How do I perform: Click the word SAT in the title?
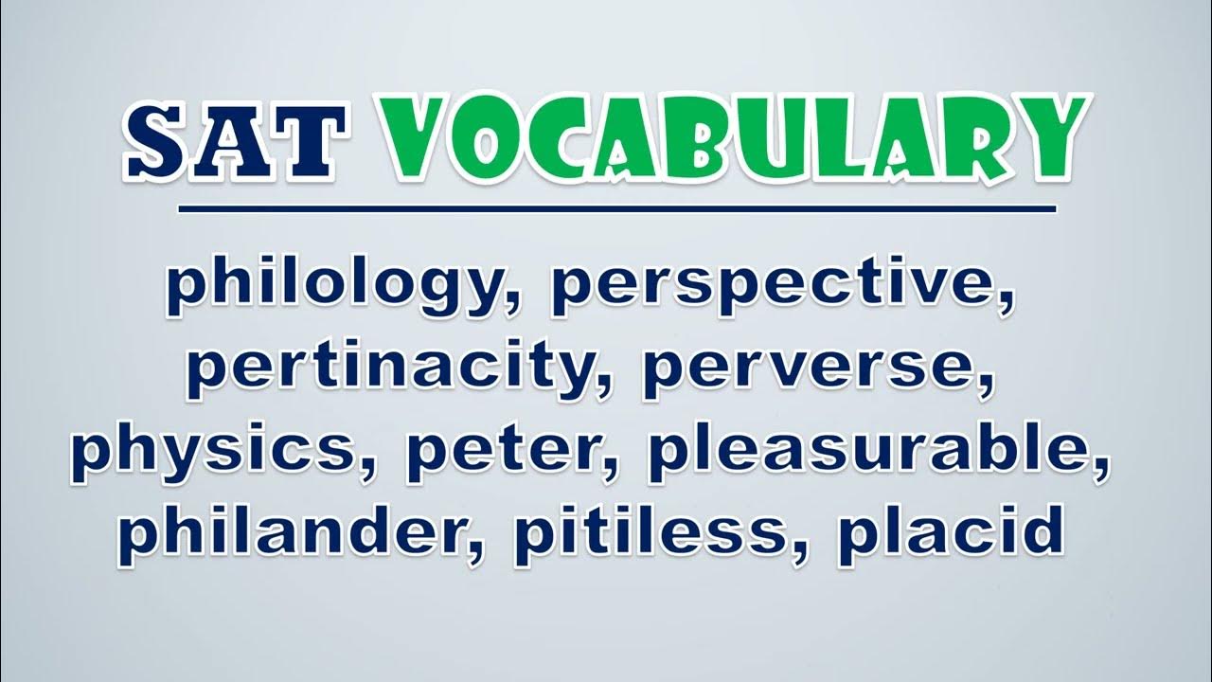pos(234,141)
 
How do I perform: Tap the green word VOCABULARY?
pos(733,139)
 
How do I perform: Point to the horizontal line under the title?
pos(616,209)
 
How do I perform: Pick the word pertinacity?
pos(398,369)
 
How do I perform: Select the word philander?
pos(296,533)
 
